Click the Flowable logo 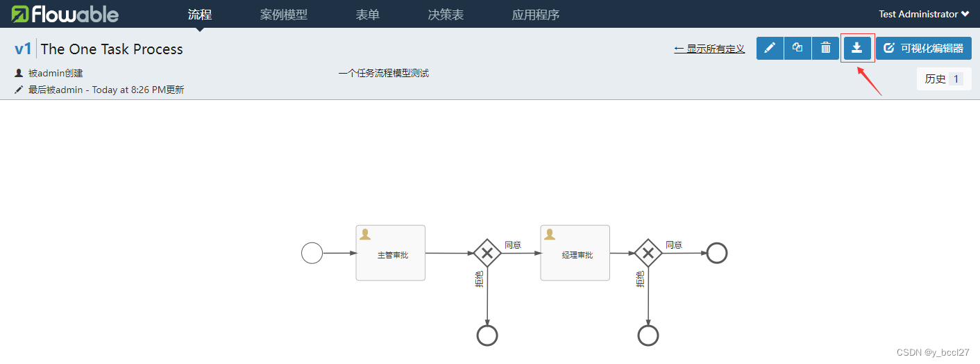(65, 14)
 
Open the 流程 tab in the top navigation (200, 15)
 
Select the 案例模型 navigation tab (283, 15)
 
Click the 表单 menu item (367, 15)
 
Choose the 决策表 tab (446, 15)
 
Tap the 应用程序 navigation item (535, 15)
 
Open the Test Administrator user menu (924, 14)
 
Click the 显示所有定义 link (709, 49)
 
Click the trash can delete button (825, 48)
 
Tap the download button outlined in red (857, 48)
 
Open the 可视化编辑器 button (923, 48)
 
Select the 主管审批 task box (391, 253)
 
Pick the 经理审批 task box (575, 253)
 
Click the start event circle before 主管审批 (312, 253)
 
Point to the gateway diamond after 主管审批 (487, 253)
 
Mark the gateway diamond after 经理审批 (648, 253)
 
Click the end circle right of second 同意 (716, 253)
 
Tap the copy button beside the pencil (797, 48)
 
